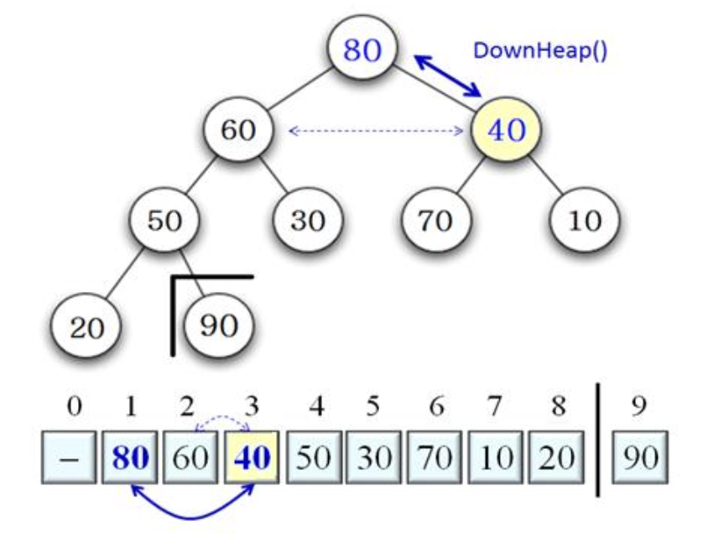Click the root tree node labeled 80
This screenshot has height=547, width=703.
click(362, 50)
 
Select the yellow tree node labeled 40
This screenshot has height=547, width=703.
click(506, 130)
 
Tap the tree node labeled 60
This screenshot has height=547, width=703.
click(239, 130)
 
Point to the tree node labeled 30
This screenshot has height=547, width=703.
click(308, 221)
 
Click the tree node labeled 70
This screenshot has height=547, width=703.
click(435, 221)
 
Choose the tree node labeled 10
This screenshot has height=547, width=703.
click(585, 221)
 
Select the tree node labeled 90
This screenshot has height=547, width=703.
click(218, 326)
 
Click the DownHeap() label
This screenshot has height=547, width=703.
click(540, 50)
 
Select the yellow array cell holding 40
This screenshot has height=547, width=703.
click(251, 458)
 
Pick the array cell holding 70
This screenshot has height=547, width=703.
click(435, 458)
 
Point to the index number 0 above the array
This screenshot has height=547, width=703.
click(74, 409)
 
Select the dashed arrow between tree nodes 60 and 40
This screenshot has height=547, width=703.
click(377, 131)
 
